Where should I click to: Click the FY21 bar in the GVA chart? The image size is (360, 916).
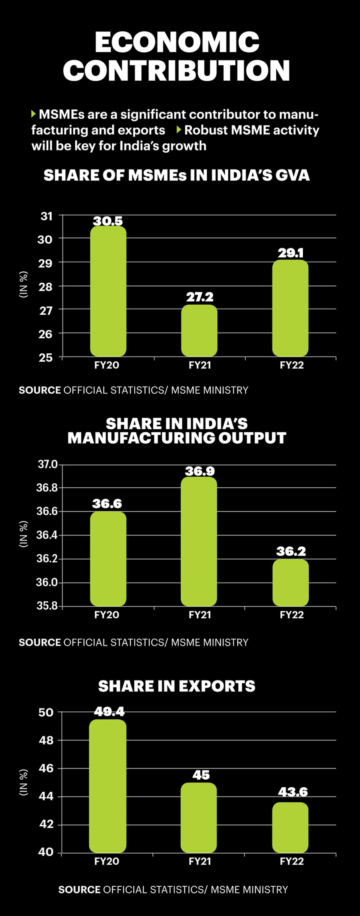(199, 330)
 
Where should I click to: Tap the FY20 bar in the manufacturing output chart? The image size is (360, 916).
(108, 559)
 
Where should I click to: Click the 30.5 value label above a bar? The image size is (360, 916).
(108, 221)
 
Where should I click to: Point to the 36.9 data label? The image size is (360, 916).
(200, 471)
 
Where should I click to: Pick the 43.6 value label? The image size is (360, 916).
(293, 792)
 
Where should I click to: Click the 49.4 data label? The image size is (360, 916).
(109, 712)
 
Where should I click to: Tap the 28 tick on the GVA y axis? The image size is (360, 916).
(46, 287)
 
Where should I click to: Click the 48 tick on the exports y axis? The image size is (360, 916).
(46, 740)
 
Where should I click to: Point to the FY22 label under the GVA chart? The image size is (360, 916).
(292, 365)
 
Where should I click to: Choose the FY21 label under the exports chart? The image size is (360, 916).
(200, 861)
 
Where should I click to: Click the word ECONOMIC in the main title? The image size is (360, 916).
(177, 42)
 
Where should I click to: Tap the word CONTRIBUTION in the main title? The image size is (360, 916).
(176, 70)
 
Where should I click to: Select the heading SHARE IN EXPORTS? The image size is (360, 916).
(177, 686)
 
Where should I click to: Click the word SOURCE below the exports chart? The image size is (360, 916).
(79, 889)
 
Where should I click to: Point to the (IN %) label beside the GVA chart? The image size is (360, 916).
(23, 285)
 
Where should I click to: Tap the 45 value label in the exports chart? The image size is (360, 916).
(201, 775)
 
